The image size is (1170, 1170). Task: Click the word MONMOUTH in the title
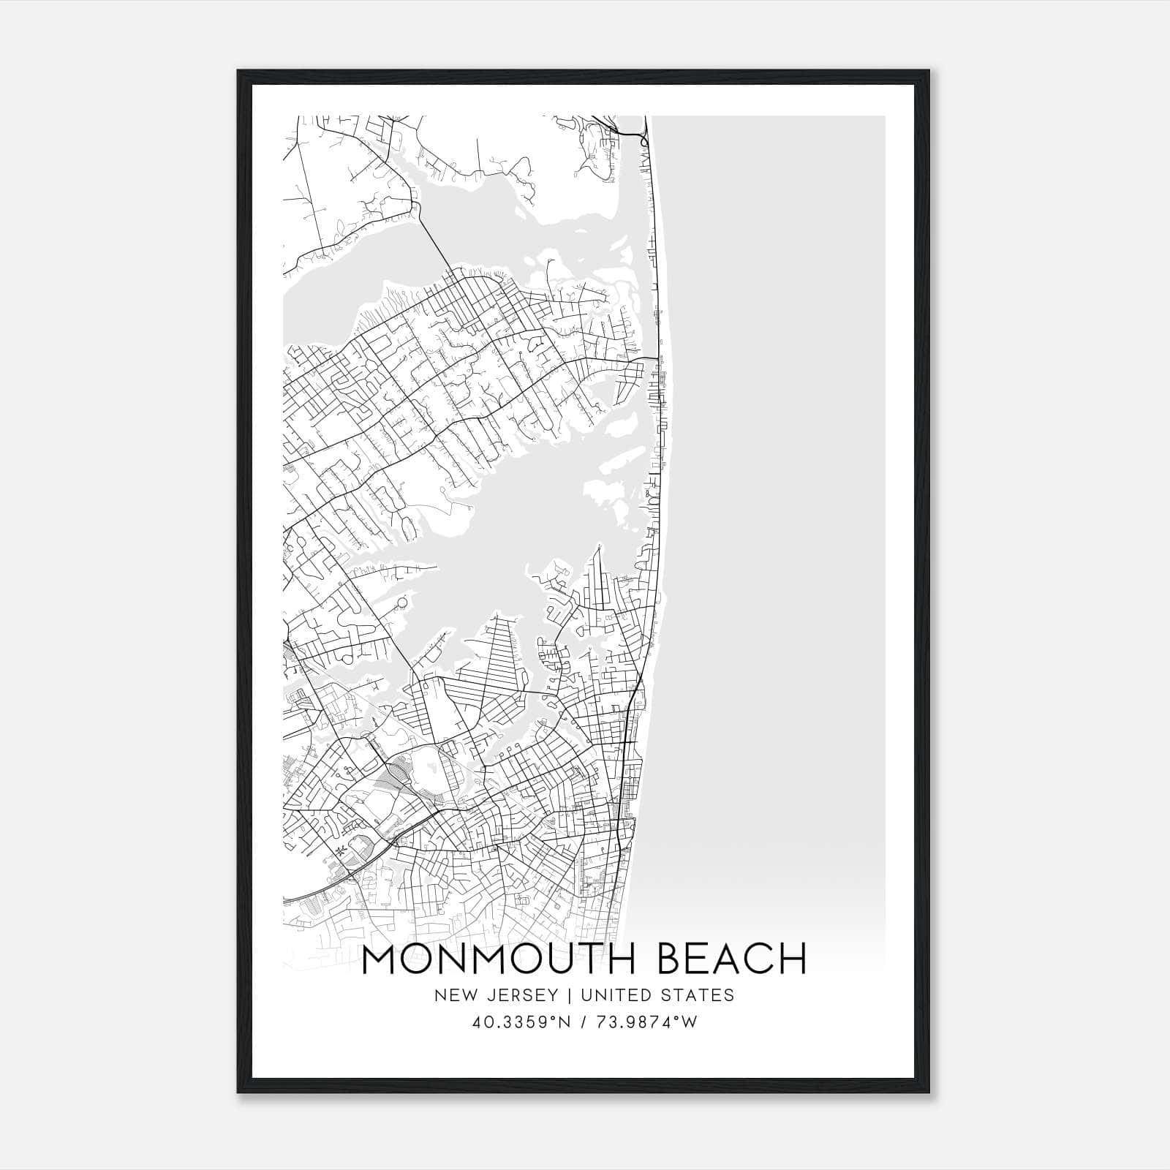click(491, 959)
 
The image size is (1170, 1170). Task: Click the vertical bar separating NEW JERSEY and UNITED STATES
click(559, 995)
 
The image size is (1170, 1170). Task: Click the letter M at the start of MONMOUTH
click(380, 959)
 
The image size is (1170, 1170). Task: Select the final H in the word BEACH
click(793, 959)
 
